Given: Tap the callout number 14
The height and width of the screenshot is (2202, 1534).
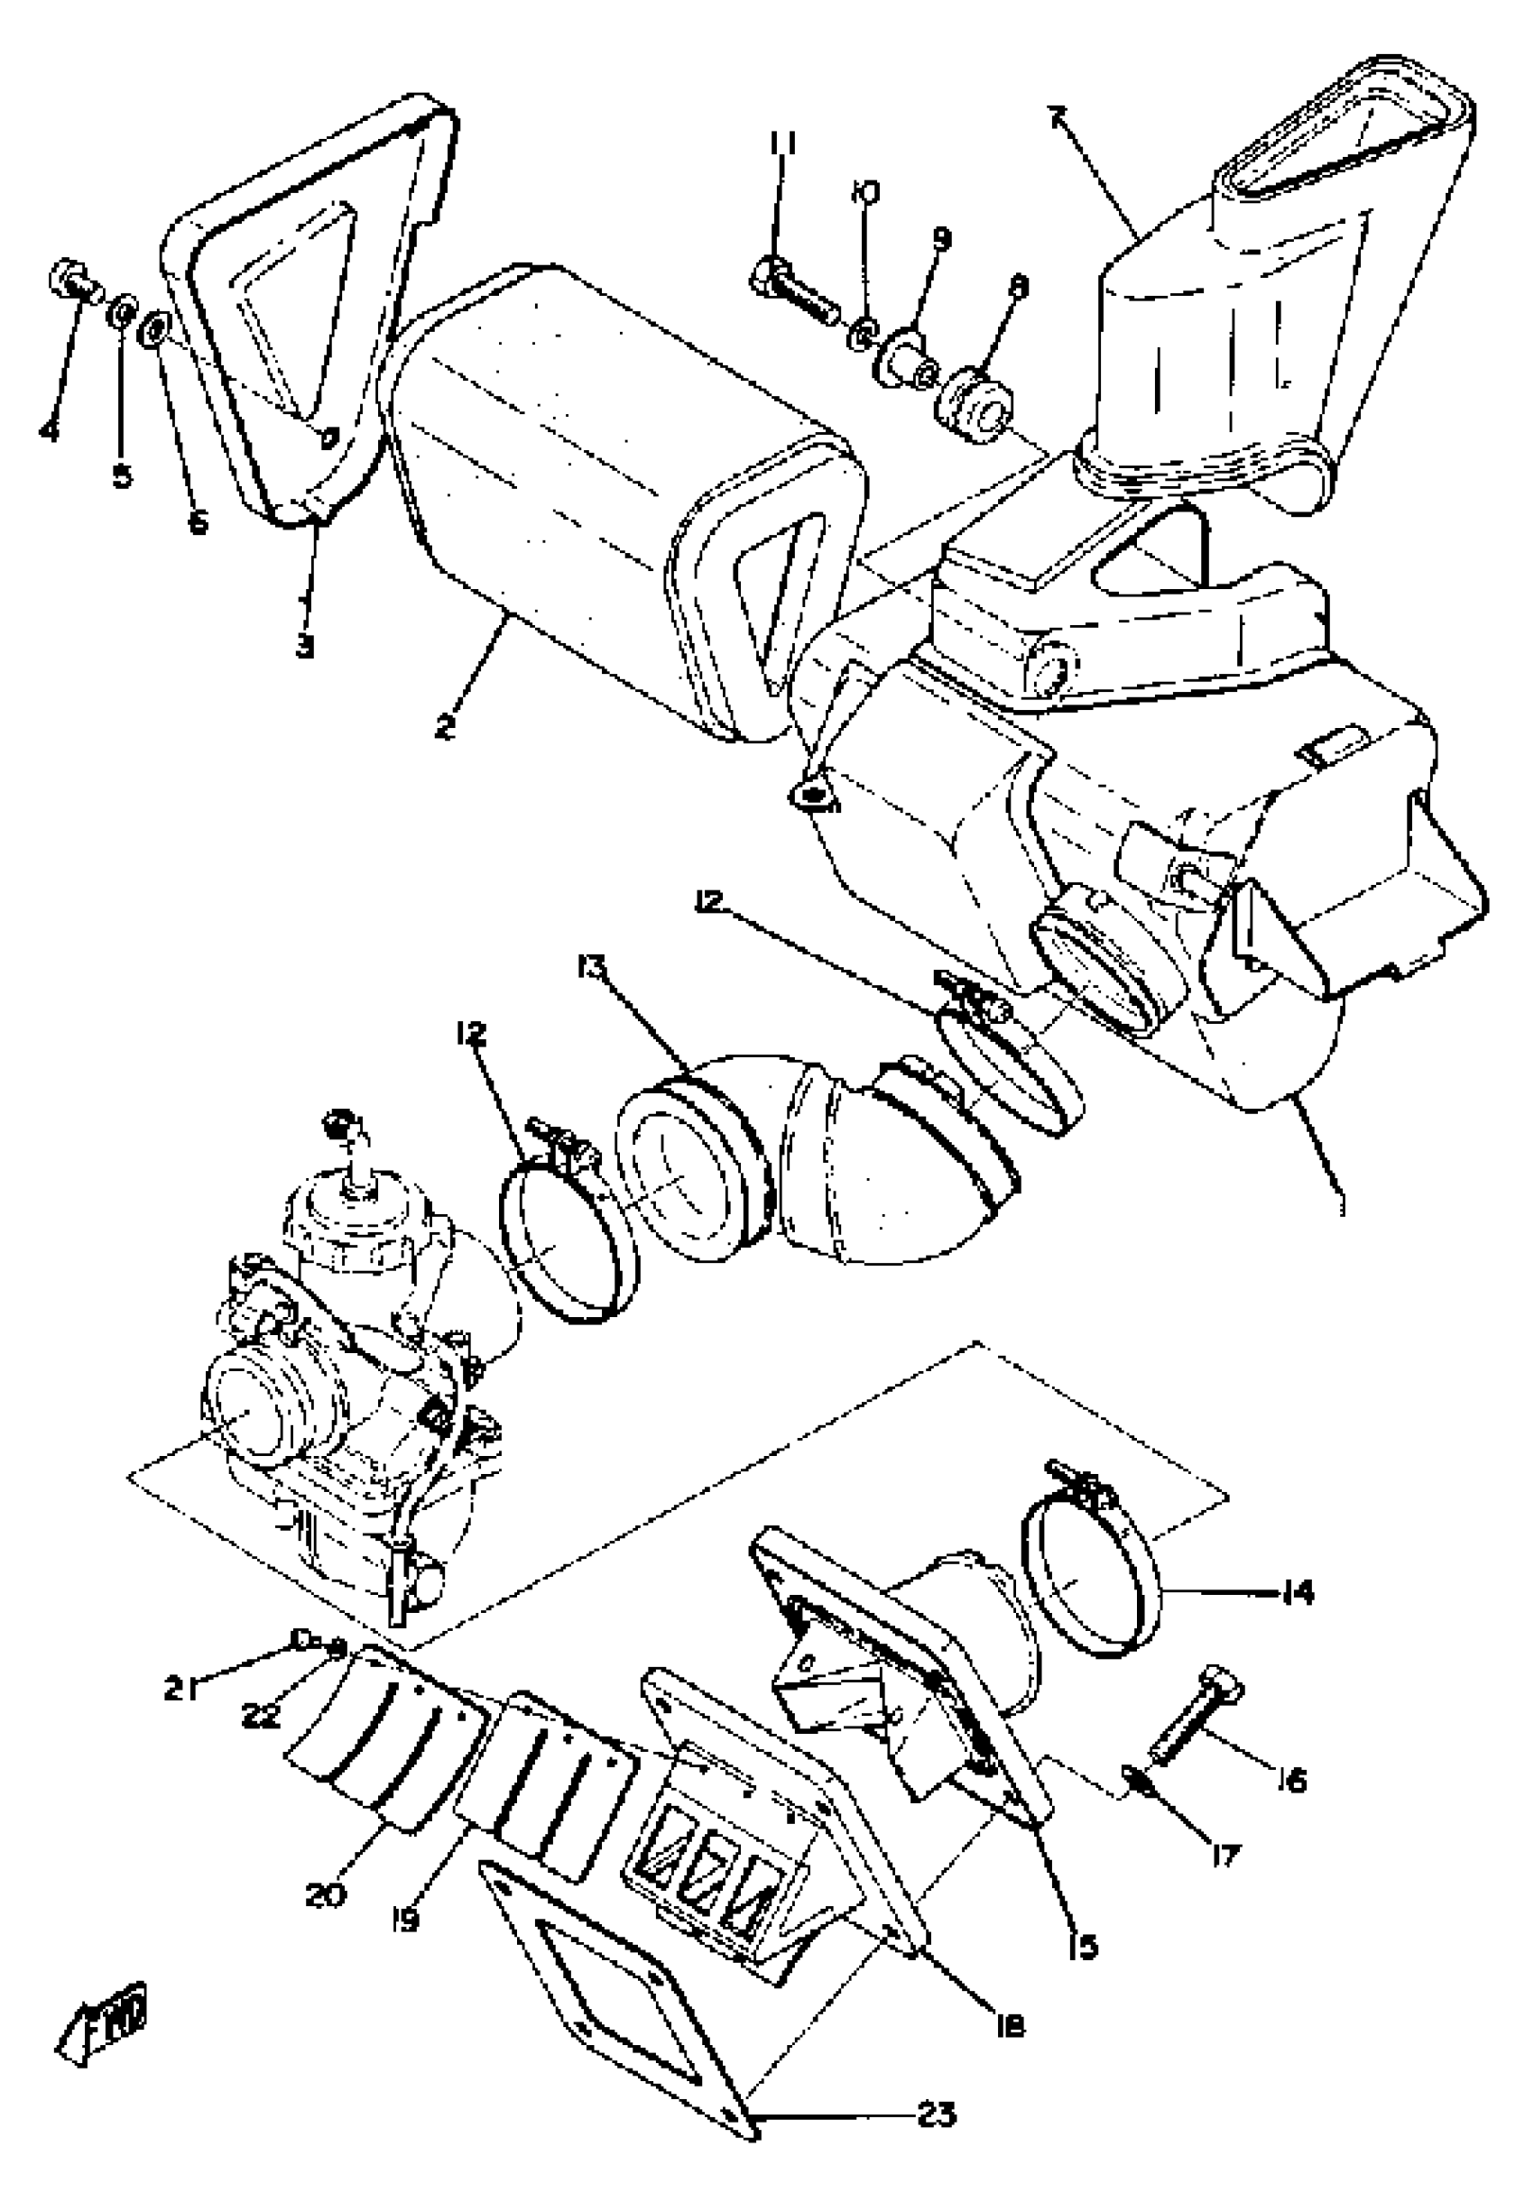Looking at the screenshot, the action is tap(1298, 1594).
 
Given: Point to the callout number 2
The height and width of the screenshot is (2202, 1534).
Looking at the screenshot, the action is tap(443, 726).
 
